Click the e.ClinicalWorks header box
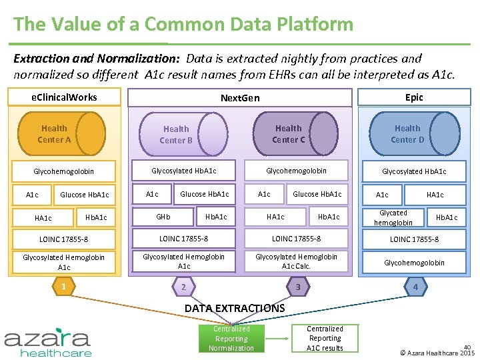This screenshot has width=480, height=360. tap(64, 97)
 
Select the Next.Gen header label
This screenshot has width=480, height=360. tap(240, 98)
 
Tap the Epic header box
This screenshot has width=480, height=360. tap(414, 97)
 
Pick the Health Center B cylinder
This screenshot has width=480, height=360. tap(185, 134)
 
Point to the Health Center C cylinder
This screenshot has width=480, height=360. tap(296, 133)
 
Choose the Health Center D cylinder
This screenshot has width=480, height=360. tap(415, 133)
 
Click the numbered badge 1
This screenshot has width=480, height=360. tap(63, 286)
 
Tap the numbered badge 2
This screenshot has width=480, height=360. tap(184, 287)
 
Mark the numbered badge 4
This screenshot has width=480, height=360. tap(415, 287)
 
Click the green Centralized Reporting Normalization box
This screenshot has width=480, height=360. tap(231, 338)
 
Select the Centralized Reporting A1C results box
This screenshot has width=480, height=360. tap(325, 338)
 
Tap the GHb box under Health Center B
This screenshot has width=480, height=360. tap(163, 217)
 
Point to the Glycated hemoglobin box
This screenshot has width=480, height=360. tap(393, 218)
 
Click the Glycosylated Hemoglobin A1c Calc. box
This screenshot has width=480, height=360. tap(296, 261)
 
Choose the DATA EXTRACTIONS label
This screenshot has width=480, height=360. tap(235, 308)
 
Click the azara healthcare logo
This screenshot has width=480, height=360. tap(48, 341)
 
